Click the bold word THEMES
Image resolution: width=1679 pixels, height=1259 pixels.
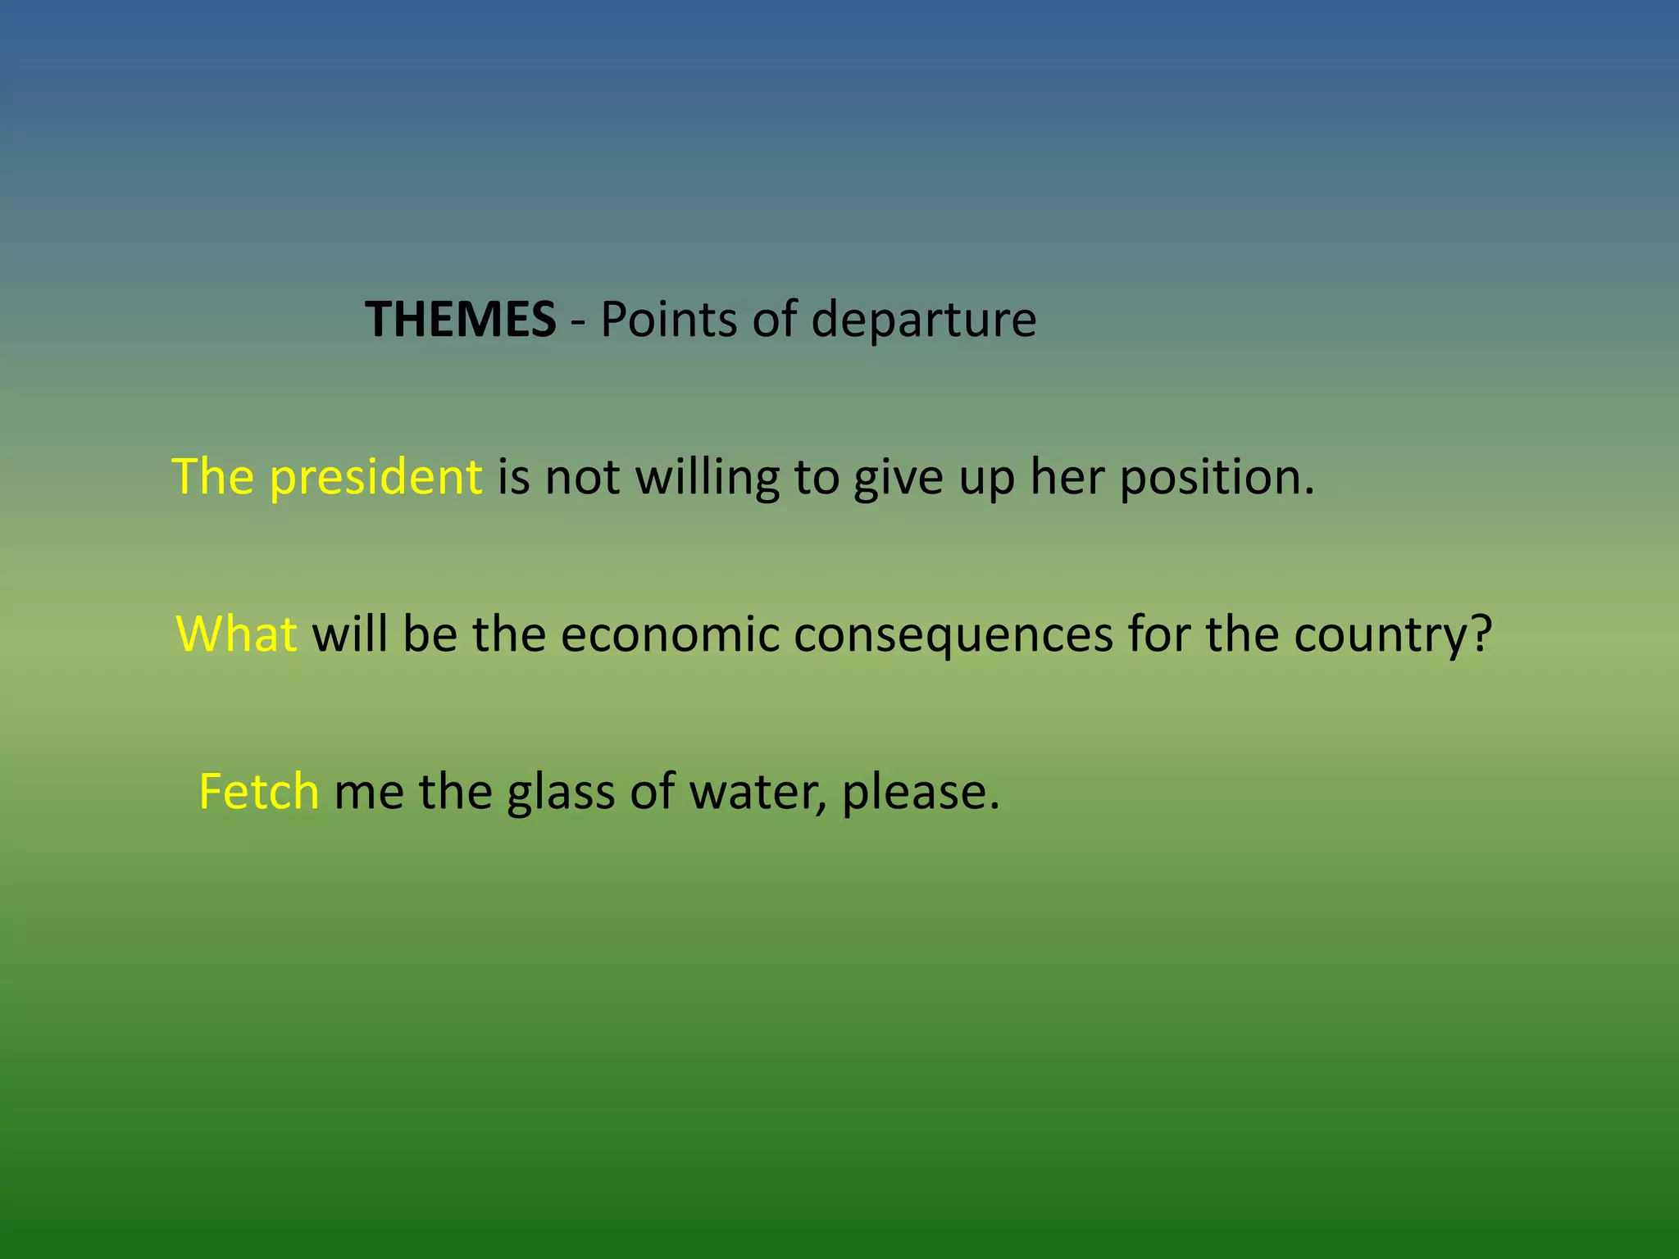[x=460, y=319]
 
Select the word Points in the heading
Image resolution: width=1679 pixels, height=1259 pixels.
[x=669, y=319]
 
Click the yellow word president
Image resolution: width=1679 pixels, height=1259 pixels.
[x=376, y=478]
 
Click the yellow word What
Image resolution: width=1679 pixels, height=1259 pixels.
[x=237, y=634]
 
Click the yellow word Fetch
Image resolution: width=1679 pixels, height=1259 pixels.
[x=259, y=792]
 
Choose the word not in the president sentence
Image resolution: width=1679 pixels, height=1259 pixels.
[x=582, y=478]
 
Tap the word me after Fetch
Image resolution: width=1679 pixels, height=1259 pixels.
[x=369, y=793]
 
